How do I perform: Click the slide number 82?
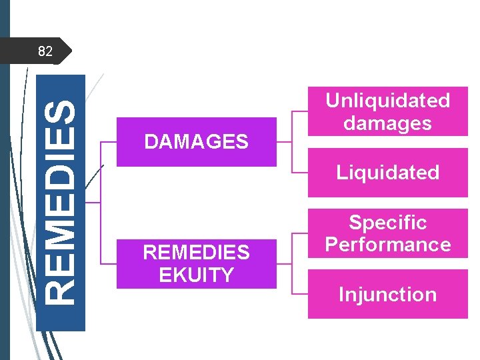(45, 51)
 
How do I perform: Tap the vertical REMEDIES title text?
(61, 202)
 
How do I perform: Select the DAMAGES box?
(196, 141)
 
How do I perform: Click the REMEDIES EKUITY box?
(196, 263)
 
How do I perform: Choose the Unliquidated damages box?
(387, 111)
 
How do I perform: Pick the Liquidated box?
(387, 173)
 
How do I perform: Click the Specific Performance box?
(387, 233)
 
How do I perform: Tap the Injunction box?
(387, 294)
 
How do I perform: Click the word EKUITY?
(196, 275)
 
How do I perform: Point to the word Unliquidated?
(387, 100)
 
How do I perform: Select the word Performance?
(387, 245)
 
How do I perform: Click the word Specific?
(387, 222)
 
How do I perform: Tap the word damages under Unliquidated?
(387, 123)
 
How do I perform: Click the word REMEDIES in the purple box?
(196, 253)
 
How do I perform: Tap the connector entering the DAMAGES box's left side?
(108, 141)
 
